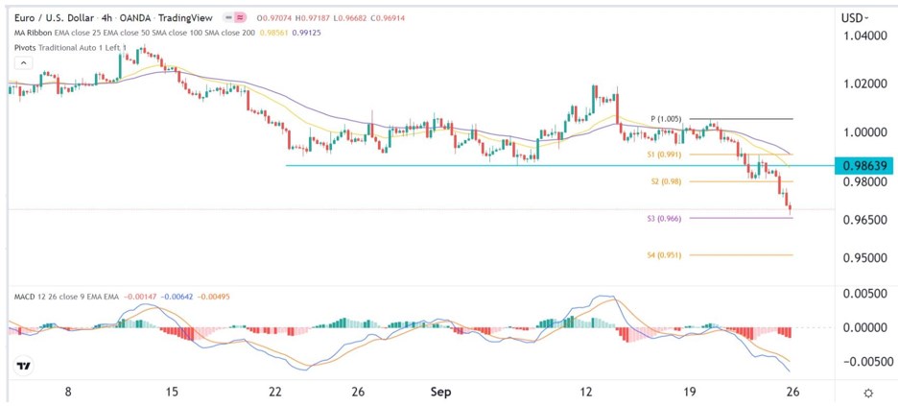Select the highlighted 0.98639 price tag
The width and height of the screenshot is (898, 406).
865,165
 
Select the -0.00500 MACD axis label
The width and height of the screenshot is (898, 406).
863,362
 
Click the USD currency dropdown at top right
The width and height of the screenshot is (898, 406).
855,16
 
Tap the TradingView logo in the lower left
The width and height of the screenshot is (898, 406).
23,366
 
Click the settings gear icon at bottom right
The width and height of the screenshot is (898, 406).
867,393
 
